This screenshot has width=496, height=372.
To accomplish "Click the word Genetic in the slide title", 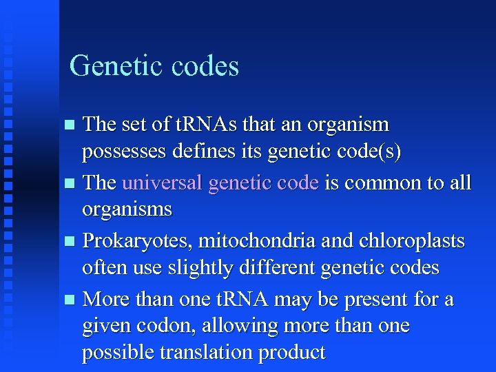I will [x=110, y=66].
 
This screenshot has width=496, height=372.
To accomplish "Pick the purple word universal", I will [x=163, y=183].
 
